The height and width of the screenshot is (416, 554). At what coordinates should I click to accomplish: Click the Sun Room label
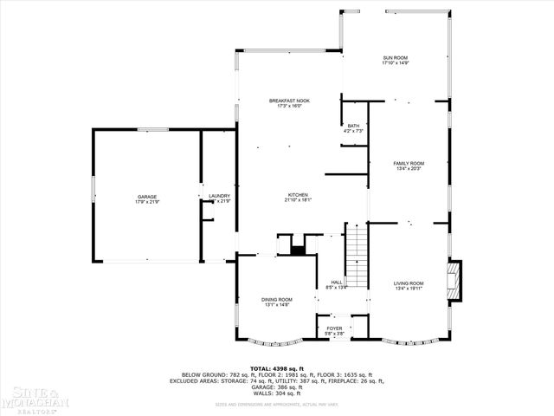[395, 58]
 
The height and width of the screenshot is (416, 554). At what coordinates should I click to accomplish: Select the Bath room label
[353, 126]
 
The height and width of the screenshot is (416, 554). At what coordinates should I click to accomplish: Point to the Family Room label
[409, 163]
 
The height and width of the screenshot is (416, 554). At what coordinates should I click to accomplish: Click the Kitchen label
[297, 195]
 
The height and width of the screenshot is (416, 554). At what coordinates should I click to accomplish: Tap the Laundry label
[219, 196]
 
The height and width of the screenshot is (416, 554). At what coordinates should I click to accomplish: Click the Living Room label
[409, 283]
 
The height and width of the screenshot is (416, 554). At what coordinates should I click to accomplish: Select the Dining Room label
[277, 300]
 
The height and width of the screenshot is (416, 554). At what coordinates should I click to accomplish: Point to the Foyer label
[334, 328]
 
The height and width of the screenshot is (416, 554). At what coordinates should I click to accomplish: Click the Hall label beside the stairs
[336, 282]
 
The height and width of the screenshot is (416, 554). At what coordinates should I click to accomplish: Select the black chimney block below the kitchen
[298, 250]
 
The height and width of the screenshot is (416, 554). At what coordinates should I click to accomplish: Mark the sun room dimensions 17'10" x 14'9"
[395, 63]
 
